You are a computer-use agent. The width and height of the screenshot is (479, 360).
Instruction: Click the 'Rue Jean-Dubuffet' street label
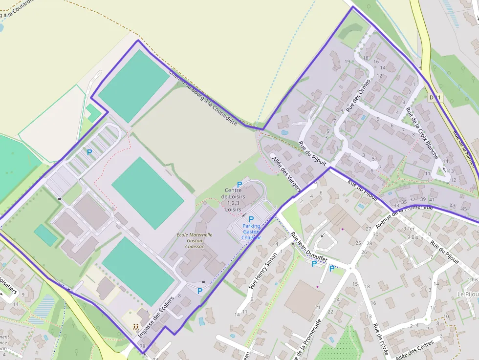308,247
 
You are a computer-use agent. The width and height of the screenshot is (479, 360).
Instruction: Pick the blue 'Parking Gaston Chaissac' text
252,232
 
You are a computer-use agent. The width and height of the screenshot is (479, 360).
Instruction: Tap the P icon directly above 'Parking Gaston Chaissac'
251,219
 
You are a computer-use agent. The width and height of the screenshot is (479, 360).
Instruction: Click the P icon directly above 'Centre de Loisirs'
239,184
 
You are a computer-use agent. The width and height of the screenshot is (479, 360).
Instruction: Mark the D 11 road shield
435,98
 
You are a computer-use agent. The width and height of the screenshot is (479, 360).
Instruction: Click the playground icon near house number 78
136,327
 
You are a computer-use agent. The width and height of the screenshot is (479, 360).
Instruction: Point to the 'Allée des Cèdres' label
414,351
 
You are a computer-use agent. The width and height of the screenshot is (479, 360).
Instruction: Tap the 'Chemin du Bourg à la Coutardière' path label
203,97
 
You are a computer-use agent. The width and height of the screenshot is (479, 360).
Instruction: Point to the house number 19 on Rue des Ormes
348,62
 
